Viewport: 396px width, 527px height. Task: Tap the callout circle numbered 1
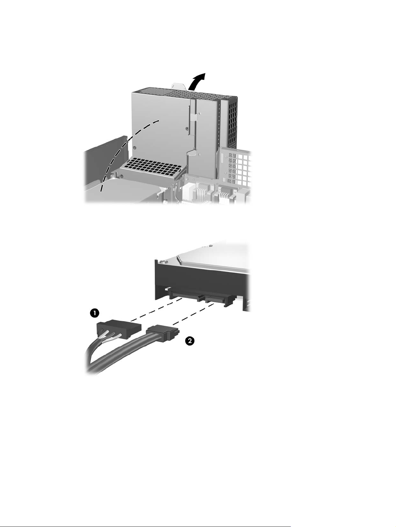[x=94, y=313]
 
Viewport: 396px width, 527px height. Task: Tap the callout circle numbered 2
[x=190, y=341]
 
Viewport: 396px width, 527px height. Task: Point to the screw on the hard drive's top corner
[x=163, y=262]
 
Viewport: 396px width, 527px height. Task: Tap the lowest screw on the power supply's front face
[x=135, y=147]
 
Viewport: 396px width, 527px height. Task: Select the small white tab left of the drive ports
[x=167, y=288]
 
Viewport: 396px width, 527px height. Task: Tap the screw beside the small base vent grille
[x=122, y=177]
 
